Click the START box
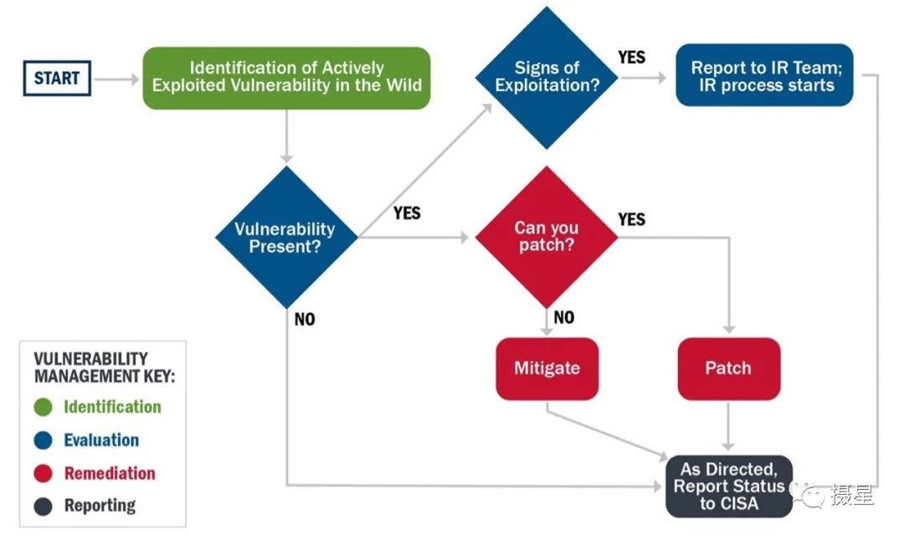point(57,78)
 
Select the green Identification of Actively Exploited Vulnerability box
point(286,78)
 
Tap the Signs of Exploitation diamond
point(547,77)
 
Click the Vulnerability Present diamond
point(286,237)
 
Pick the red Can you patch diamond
point(547,236)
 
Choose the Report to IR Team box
point(764,75)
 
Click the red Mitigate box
point(547,369)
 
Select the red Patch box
point(729,369)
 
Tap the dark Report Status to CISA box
point(729,486)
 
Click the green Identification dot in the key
point(44,407)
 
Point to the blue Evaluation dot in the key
point(44,440)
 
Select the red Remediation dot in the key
point(44,473)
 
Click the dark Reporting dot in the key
point(44,507)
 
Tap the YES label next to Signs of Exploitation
point(632,57)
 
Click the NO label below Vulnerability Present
point(305,319)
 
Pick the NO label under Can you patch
point(564,317)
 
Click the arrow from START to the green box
point(116,79)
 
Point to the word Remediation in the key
point(110,473)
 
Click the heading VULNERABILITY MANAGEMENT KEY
point(105,368)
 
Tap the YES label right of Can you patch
point(632,219)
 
